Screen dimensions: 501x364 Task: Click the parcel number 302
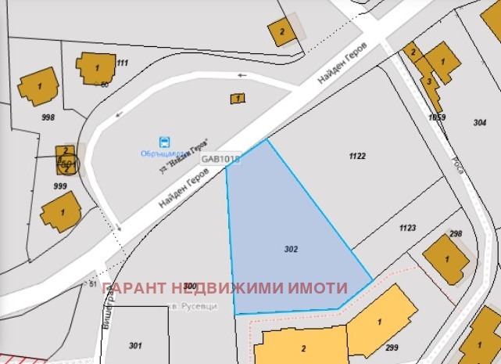click(292, 249)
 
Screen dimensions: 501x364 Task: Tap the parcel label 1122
click(357, 157)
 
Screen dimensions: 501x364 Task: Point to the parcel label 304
click(480, 122)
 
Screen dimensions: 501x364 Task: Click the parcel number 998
click(48, 117)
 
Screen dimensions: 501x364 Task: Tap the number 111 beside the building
click(122, 63)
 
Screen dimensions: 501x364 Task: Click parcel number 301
click(135, 345)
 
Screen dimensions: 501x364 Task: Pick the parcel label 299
click(392, 348)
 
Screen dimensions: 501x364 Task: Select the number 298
click(456, 234)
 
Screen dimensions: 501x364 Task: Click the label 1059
click(437, 117)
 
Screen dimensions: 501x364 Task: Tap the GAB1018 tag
click(221, 158)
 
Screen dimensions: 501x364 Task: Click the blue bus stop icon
click(165, 142)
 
